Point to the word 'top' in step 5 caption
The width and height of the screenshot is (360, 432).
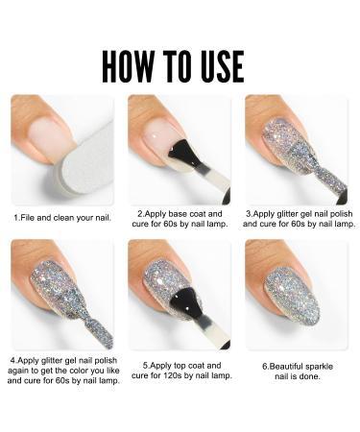tap(191, 367)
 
